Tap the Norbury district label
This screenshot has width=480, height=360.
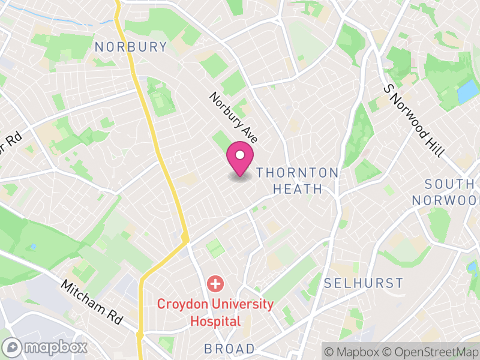tap(131, 47)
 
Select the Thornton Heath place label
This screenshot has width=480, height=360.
tap(298, 181)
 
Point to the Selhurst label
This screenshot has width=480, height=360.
tap(363, 283)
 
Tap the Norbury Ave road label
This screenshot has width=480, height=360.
tap(233, 118)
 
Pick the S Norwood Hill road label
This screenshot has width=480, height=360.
tap(415, 120)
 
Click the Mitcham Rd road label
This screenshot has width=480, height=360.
tap(91, 302)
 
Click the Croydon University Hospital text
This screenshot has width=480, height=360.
tap(215, 312)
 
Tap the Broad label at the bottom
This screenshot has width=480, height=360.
tap(229, 349)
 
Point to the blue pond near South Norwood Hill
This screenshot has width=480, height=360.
tap(468, 91)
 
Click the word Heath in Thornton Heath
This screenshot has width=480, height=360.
tap(298, 189)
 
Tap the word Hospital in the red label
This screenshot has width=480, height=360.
tap(215, 321)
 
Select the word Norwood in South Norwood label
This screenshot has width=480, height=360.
tap(448, 200)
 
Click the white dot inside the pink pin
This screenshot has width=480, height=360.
tap(240, 155)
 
